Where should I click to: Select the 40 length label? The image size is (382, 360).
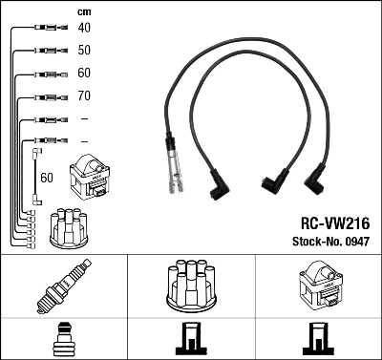click(84, 27)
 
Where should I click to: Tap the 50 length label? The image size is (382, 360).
click(84, 49)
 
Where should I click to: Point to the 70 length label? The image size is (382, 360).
click(84, 96)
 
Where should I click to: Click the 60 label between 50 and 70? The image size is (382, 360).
click(84, 73)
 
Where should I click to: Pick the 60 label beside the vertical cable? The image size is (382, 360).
click(47, 178)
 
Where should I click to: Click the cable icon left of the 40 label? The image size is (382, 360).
click(44, 28)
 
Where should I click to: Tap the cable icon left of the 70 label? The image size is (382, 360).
click(44, 96)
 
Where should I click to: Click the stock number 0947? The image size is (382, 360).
click(356, 241)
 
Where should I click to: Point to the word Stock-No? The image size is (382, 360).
click(312, 241)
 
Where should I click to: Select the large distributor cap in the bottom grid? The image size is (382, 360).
click(191, 286)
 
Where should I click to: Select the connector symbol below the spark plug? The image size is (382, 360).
click(63, 338)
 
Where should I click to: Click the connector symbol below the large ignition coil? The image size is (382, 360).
click(319, 340)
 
